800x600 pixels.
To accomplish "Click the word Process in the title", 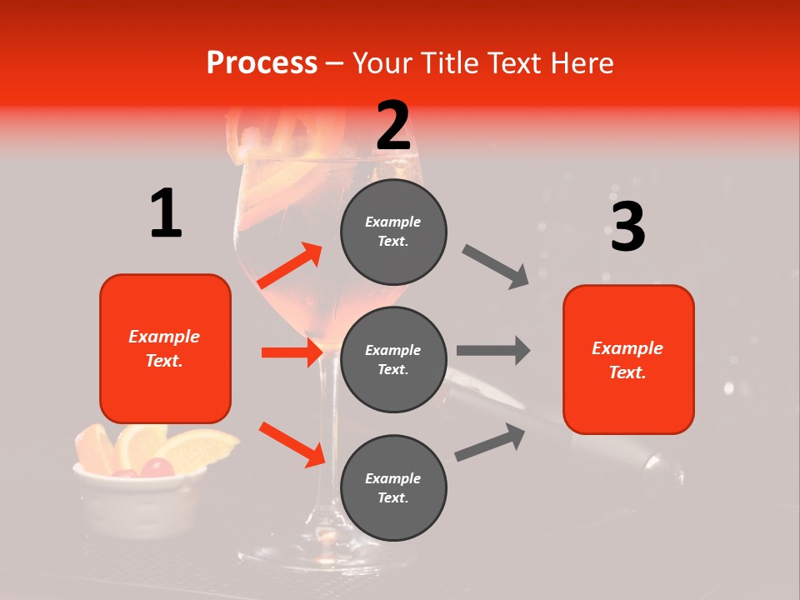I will click(262, 63).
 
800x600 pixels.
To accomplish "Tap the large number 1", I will click(166, 213).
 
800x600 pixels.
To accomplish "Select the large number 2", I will click(393, 126).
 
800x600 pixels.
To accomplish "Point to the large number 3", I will click(627, 227).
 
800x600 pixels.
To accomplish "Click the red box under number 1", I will click(165, 348).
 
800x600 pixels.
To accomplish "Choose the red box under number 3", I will click(628, 359).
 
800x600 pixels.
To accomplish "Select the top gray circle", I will click(393, 232).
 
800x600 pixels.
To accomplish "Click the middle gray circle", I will click(393, 359).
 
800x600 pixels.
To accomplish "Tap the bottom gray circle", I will click(393, 487).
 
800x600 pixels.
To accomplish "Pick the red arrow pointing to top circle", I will click(290, 266).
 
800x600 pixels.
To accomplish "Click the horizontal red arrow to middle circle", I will click(292, 352).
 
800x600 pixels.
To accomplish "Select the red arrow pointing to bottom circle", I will click(292, 444).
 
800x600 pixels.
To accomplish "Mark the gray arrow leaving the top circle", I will click(496, 267).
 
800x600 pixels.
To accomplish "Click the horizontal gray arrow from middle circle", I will click(493, 350).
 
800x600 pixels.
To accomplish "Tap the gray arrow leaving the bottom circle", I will click(491, 442).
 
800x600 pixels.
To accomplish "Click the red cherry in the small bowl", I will click(157, 468).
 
